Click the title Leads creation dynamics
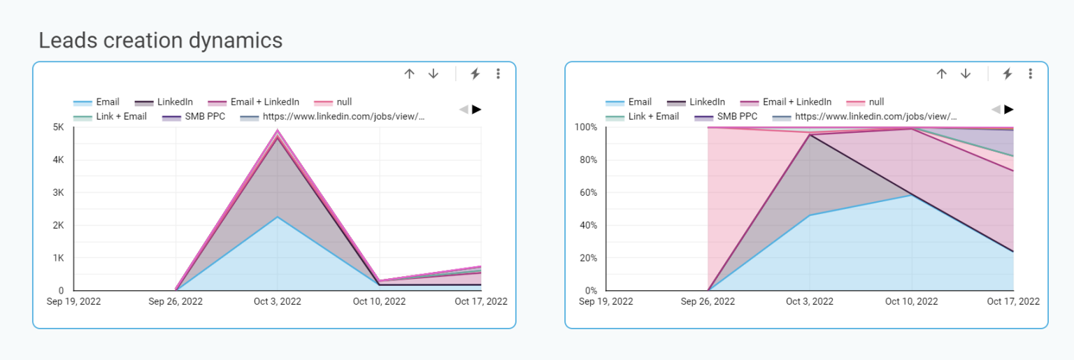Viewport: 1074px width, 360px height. (160, 41)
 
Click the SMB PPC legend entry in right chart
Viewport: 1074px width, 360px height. (737, 116)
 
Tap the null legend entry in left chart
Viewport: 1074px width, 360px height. (343, 102)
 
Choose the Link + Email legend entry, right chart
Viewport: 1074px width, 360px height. (653, 116)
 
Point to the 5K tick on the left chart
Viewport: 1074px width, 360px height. (58, 127)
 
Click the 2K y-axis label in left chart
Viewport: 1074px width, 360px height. (58, 225)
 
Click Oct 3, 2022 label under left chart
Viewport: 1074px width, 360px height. (278, 302)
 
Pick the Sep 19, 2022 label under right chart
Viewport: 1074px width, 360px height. (606, 302)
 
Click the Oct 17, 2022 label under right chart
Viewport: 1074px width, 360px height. (1013, 302)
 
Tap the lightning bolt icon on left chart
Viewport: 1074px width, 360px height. (475, 73)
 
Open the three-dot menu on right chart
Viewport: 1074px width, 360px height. (1030, 73)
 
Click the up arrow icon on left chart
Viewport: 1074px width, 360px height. (410, 73)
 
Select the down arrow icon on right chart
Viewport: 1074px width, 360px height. (966, 73)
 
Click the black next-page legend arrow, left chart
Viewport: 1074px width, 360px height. (476, 109)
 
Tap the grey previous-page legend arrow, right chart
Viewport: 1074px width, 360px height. (996, 109)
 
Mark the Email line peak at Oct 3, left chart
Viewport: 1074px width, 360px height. (278, 217)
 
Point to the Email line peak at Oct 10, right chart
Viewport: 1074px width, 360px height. (911, 194)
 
